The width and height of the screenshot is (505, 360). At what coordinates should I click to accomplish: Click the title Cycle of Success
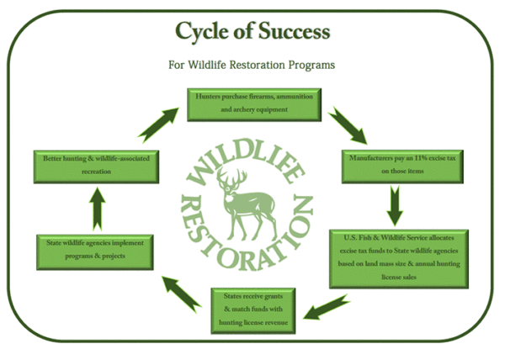252,32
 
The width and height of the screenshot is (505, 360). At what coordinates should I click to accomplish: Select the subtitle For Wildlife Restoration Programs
252,64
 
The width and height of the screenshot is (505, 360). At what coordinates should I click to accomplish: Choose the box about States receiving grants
252,308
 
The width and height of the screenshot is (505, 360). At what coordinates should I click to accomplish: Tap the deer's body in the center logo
244,202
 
